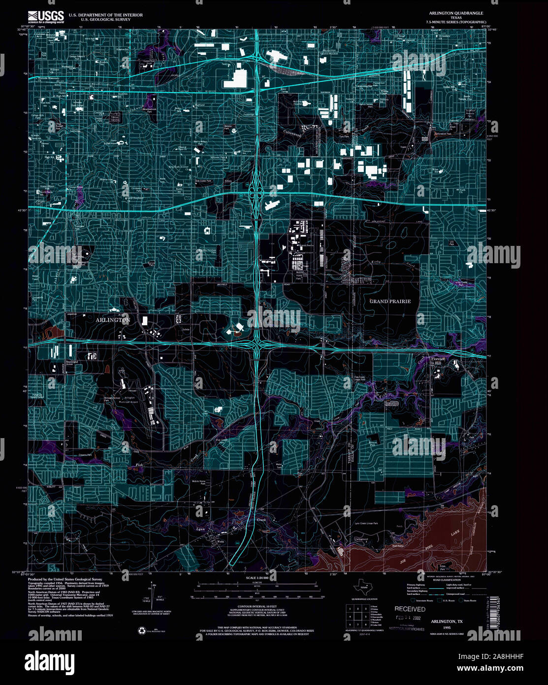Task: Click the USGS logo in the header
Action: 46,17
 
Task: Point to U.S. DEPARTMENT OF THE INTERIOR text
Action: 106,15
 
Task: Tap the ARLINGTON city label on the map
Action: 113,320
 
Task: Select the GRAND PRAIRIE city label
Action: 390,301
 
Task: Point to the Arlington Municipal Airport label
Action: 129,400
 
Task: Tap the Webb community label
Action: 220,541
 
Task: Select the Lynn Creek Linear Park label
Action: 366,523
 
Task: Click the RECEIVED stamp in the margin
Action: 410,609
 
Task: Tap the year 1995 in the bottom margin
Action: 446,628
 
